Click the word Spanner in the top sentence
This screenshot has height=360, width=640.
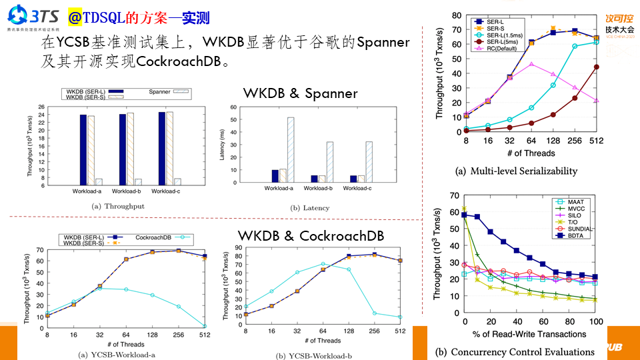point(383,43)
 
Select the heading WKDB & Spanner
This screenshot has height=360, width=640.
point(299,93)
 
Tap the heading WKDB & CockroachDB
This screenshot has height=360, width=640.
point(311,236)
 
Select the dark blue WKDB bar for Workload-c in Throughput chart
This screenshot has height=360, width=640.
point(161,149)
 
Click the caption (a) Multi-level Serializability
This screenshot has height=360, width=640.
point(516,171)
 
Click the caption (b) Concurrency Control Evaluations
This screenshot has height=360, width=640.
point(514,351)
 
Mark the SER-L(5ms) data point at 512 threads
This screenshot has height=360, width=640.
point(596,67)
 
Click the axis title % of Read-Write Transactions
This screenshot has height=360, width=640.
point(531,333)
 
